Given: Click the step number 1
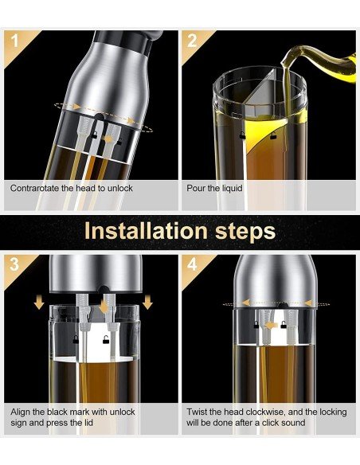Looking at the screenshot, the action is (15, 41).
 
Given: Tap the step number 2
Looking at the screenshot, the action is (192, 41).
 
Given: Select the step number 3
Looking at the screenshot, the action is (14, 264).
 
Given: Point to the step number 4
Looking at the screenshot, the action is (192, 264).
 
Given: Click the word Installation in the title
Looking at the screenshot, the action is (146, 231).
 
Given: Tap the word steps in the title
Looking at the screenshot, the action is (245, 232).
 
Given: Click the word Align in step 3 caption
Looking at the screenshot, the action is (20, 412).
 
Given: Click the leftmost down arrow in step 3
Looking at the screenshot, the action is (39, 303).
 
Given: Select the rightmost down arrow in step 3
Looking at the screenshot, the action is (147, 303).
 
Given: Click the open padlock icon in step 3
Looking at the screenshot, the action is (106, 340).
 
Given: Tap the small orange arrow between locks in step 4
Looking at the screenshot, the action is (271, 326).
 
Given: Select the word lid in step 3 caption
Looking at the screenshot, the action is (88, 422).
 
